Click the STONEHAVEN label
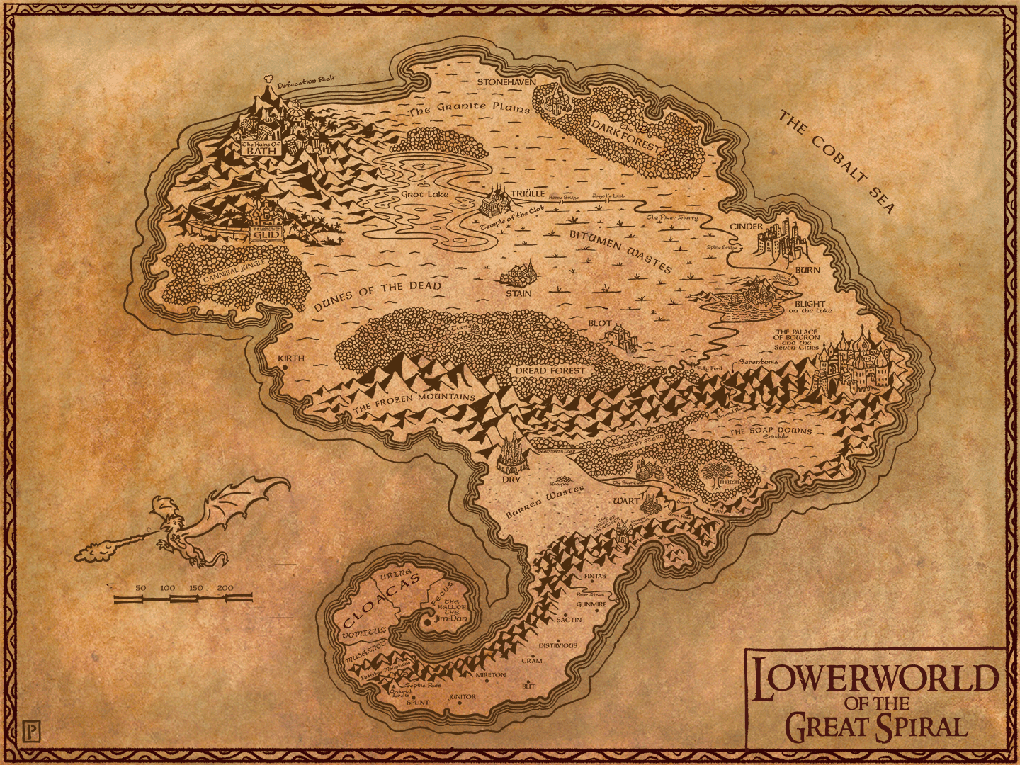(x=506, y=82)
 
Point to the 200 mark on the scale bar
(x=225, y=588)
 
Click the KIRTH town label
(x=291, y=358)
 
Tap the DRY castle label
(x=511, y=480)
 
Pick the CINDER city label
(x=747, y=227)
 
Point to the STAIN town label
(x=518, y=293)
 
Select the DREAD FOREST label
(x=550, y=370)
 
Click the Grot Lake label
(x=425, y=194)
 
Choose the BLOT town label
(x=599, y=323)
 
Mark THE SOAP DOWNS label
(x=771, y=430)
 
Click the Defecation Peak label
(x=305, y=83)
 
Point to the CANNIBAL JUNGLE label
(x=234, y=271)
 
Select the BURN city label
(x=807, y=270)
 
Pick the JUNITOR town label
(x=463, y=697)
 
